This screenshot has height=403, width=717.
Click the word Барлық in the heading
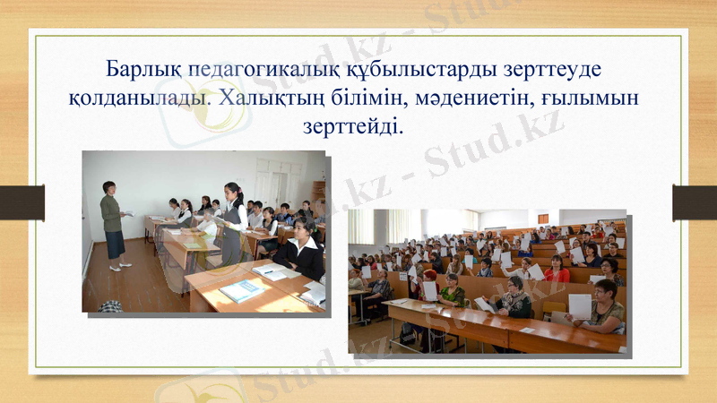tap(135, 69)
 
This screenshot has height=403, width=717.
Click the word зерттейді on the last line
tap(355, 126)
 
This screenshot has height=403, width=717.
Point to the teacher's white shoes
tap(120, 266)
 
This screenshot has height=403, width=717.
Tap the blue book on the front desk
tap(240, 289)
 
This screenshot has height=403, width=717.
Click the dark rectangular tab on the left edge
tap(22, 202)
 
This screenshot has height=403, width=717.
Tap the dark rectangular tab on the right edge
tap(695, 202)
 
